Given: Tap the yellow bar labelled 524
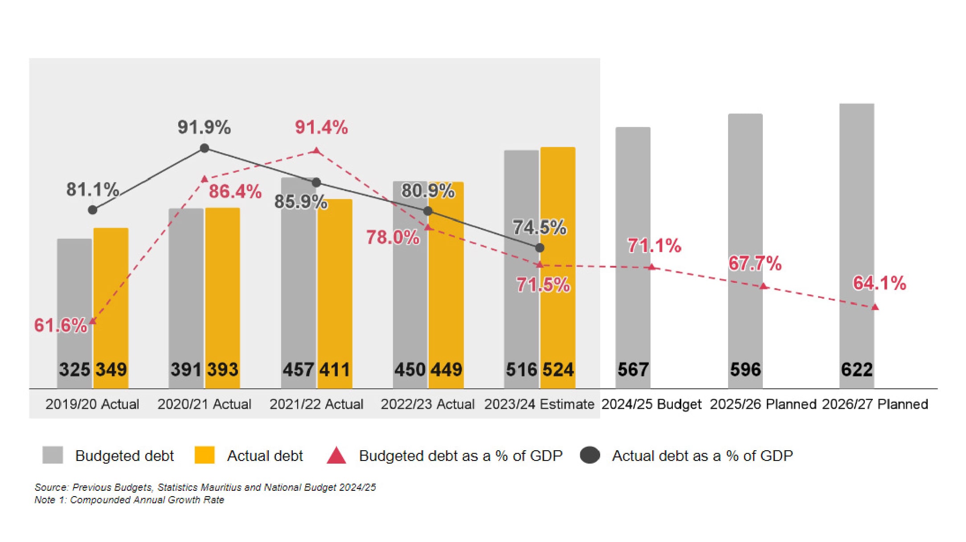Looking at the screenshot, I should coord(558,267).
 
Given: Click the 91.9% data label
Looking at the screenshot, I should coord(204,127).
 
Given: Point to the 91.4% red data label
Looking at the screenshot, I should coord(321,127).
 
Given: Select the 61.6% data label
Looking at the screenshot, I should coord(61,326).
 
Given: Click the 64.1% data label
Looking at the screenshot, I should coord(880,283).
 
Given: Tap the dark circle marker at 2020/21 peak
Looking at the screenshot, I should coord(205,148).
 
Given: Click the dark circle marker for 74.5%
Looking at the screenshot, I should coord(540,248).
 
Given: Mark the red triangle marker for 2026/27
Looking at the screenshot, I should coord(875,307).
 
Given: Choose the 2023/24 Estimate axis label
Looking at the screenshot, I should coord(539,404).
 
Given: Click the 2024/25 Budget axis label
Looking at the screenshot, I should coord(651,404).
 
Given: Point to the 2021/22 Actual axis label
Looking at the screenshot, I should coord(316,404).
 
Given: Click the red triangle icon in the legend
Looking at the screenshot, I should coord(336,456).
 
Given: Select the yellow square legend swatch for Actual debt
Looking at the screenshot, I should coord(205,455).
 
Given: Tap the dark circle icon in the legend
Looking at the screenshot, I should coord(590,456).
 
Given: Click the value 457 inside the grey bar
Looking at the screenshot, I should coord(299,370).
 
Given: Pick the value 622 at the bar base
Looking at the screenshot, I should coord(856,370).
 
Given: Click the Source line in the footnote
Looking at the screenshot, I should coord(205,487).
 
